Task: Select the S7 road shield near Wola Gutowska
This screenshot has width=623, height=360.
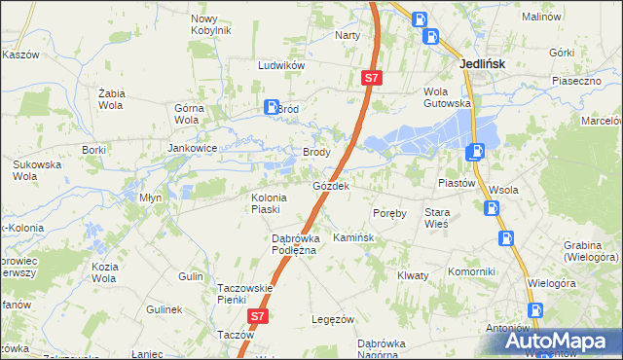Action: tap(371, 77)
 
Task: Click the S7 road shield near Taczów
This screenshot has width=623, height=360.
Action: tap(256, 316)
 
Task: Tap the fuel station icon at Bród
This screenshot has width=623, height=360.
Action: tap(272, 108)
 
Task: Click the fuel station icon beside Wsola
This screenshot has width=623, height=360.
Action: tap(493, 207)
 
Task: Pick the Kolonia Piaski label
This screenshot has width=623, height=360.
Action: tap(259, 202)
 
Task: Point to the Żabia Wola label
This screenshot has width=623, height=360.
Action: tap(116, 98)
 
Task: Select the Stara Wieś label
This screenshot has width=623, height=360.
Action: tap(436, 217)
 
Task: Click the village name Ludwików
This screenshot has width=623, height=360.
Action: tap(282, 65)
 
